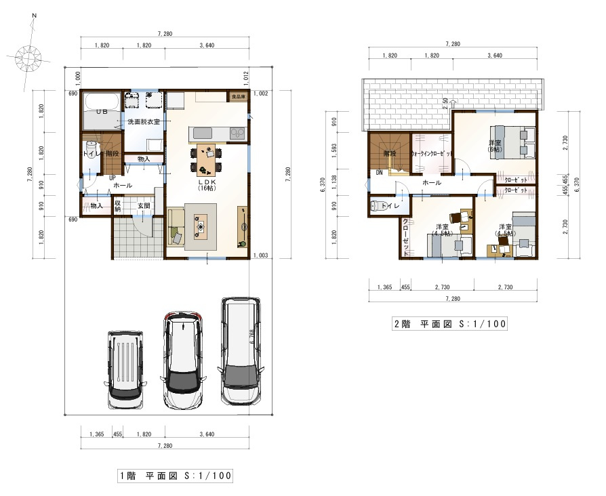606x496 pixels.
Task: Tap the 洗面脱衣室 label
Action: click(x=143, y=122)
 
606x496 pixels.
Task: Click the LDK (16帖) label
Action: click(x=206, y=184)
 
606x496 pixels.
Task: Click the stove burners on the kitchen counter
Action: click(x=237, y=133)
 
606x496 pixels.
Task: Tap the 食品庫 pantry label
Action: click(x=237, y=97)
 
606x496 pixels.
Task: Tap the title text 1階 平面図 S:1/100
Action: click(x=175, y=476)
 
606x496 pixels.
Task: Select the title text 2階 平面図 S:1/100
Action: click(x=449, y=324)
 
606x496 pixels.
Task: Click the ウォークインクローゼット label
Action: click(x=432, y=154)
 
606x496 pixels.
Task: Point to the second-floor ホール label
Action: click(x=432, y=183)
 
